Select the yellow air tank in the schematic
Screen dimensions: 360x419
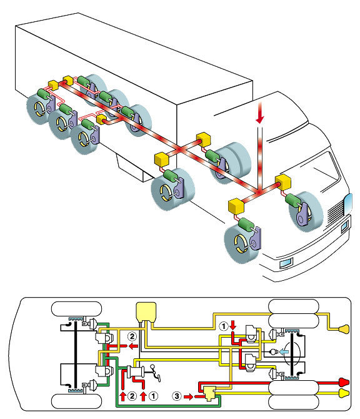click(146, 311)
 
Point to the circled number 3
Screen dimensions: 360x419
click(176, 396)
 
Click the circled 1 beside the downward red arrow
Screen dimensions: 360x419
click(224, 326)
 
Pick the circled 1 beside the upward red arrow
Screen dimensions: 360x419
click(153, 396)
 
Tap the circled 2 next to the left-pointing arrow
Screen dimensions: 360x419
click(132, 336)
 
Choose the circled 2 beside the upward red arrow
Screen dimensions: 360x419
click(132, 396)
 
